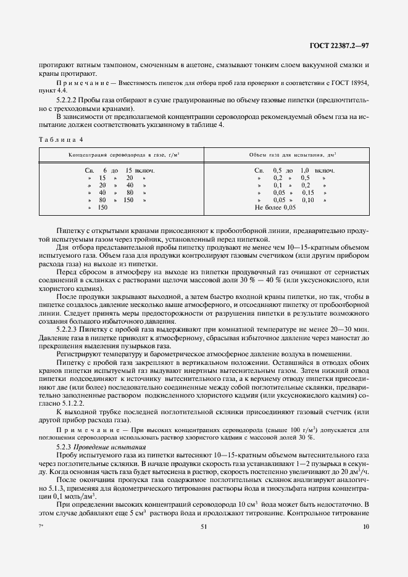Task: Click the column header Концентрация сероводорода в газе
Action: (x=128, y=155)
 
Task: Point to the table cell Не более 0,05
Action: (x=275, y=208)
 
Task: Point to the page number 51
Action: (x=204, y=526)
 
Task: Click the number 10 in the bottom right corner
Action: (x=366, y=526)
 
